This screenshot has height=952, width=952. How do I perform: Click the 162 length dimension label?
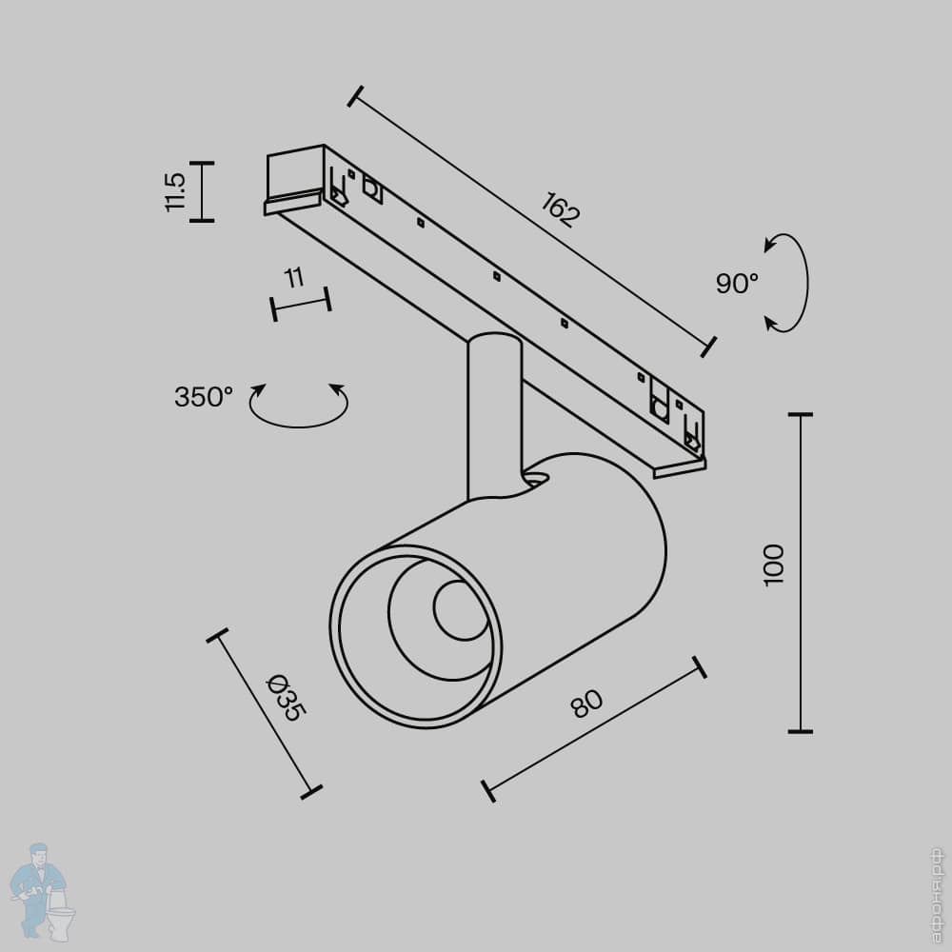tap(560, 209)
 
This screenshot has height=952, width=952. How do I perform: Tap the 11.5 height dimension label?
tap(174, 191)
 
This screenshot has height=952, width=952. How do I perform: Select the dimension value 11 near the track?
tap(294, 278)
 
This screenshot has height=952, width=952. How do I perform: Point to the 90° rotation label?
tap(737, 283)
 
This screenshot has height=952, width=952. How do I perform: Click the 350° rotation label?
tap(204, 397)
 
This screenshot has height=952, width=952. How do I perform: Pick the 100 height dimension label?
tap(774, 565)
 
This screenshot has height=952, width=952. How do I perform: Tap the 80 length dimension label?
tap(586, 704)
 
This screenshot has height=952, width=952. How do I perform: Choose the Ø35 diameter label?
tap(285, 698)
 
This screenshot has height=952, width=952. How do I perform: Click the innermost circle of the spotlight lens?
tap(459, 610)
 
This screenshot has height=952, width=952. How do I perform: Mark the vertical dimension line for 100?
tap(801, 573)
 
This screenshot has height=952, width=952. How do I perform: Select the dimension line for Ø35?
tap(264, 712)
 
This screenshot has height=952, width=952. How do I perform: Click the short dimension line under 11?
tap(301, 304)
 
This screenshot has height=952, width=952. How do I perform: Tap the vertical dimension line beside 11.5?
tap(202, 191)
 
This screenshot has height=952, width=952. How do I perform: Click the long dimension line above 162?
tap(531, 221)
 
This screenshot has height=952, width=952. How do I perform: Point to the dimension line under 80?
tap(595, 729)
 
